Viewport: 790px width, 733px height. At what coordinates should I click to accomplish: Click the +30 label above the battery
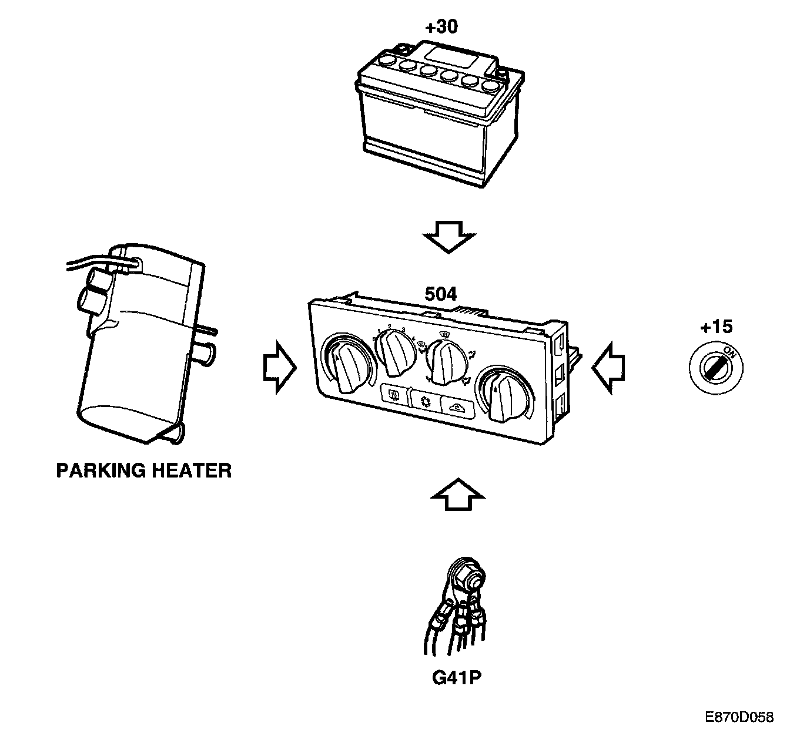[440, 27]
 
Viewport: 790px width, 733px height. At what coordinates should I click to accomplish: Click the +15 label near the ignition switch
[716, 328]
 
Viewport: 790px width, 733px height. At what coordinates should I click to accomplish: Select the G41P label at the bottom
[457, 678]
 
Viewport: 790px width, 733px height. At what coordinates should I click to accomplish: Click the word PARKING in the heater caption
[100, 470]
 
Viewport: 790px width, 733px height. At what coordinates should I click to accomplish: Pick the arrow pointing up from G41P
[457, 495]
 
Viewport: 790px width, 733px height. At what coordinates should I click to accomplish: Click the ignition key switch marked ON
[716, 367]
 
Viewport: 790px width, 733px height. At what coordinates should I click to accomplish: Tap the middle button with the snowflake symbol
[424, 401]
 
